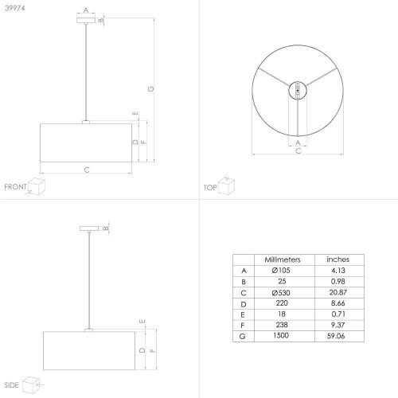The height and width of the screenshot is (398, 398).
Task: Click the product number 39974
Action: coord(15,8)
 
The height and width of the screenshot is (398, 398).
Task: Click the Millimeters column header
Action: coord(283,259)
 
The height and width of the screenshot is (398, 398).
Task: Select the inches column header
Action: coord(338,259)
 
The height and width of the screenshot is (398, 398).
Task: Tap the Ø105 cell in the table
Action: coord(281,271)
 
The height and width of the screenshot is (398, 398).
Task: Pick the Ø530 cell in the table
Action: coord(281,293)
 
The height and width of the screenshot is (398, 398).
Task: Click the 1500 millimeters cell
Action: coord(281,335)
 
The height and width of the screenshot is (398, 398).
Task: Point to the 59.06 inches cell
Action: coord(336,336)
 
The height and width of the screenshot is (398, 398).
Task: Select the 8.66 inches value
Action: coord(338,303)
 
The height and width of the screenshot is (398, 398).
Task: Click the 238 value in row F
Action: coord(282,325)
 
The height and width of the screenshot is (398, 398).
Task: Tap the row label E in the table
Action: coord(243,315)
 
